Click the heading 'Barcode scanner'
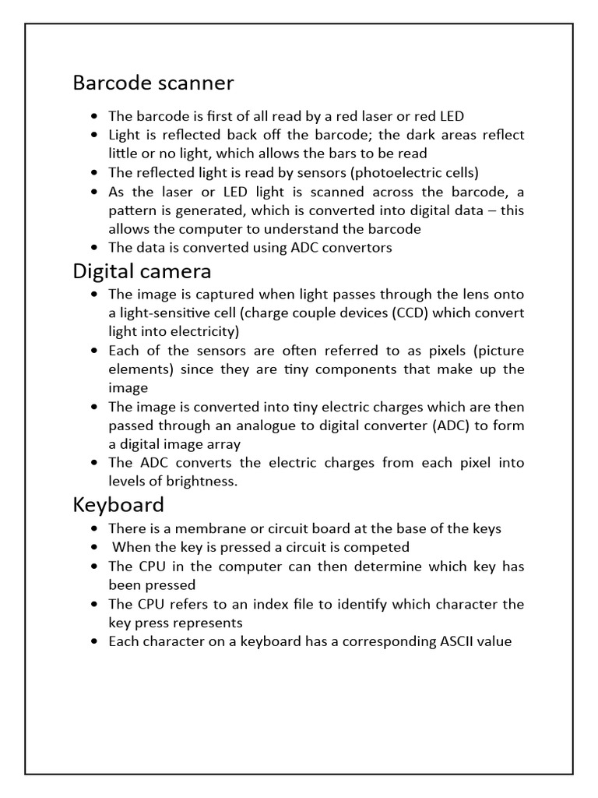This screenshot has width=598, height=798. pos(153,83)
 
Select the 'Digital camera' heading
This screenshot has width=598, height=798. pos(142,271)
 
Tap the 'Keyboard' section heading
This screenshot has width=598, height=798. pos(118,504)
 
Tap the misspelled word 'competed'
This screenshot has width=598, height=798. pos(382,547)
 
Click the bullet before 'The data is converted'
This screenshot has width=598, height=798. pos(94,248)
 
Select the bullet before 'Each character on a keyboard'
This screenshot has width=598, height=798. pos(94,642)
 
